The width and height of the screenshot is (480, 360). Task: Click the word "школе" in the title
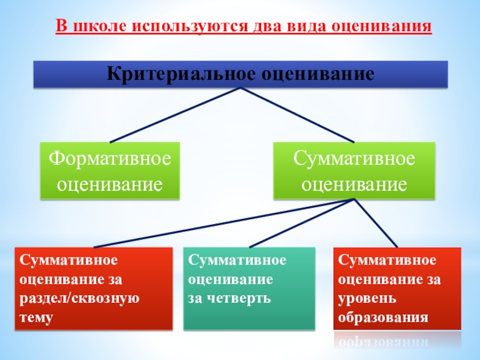pos(97,27)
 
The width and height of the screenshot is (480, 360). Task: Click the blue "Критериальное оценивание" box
pos(240,74)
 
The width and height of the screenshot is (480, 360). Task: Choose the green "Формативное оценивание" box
pos(110,170)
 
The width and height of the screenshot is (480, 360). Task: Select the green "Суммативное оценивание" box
pos(354,170)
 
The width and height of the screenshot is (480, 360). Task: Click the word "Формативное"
pos(110,160)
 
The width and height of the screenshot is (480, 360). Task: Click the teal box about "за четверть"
pos(248,288)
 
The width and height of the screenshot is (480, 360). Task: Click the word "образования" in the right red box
pos(383,317)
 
